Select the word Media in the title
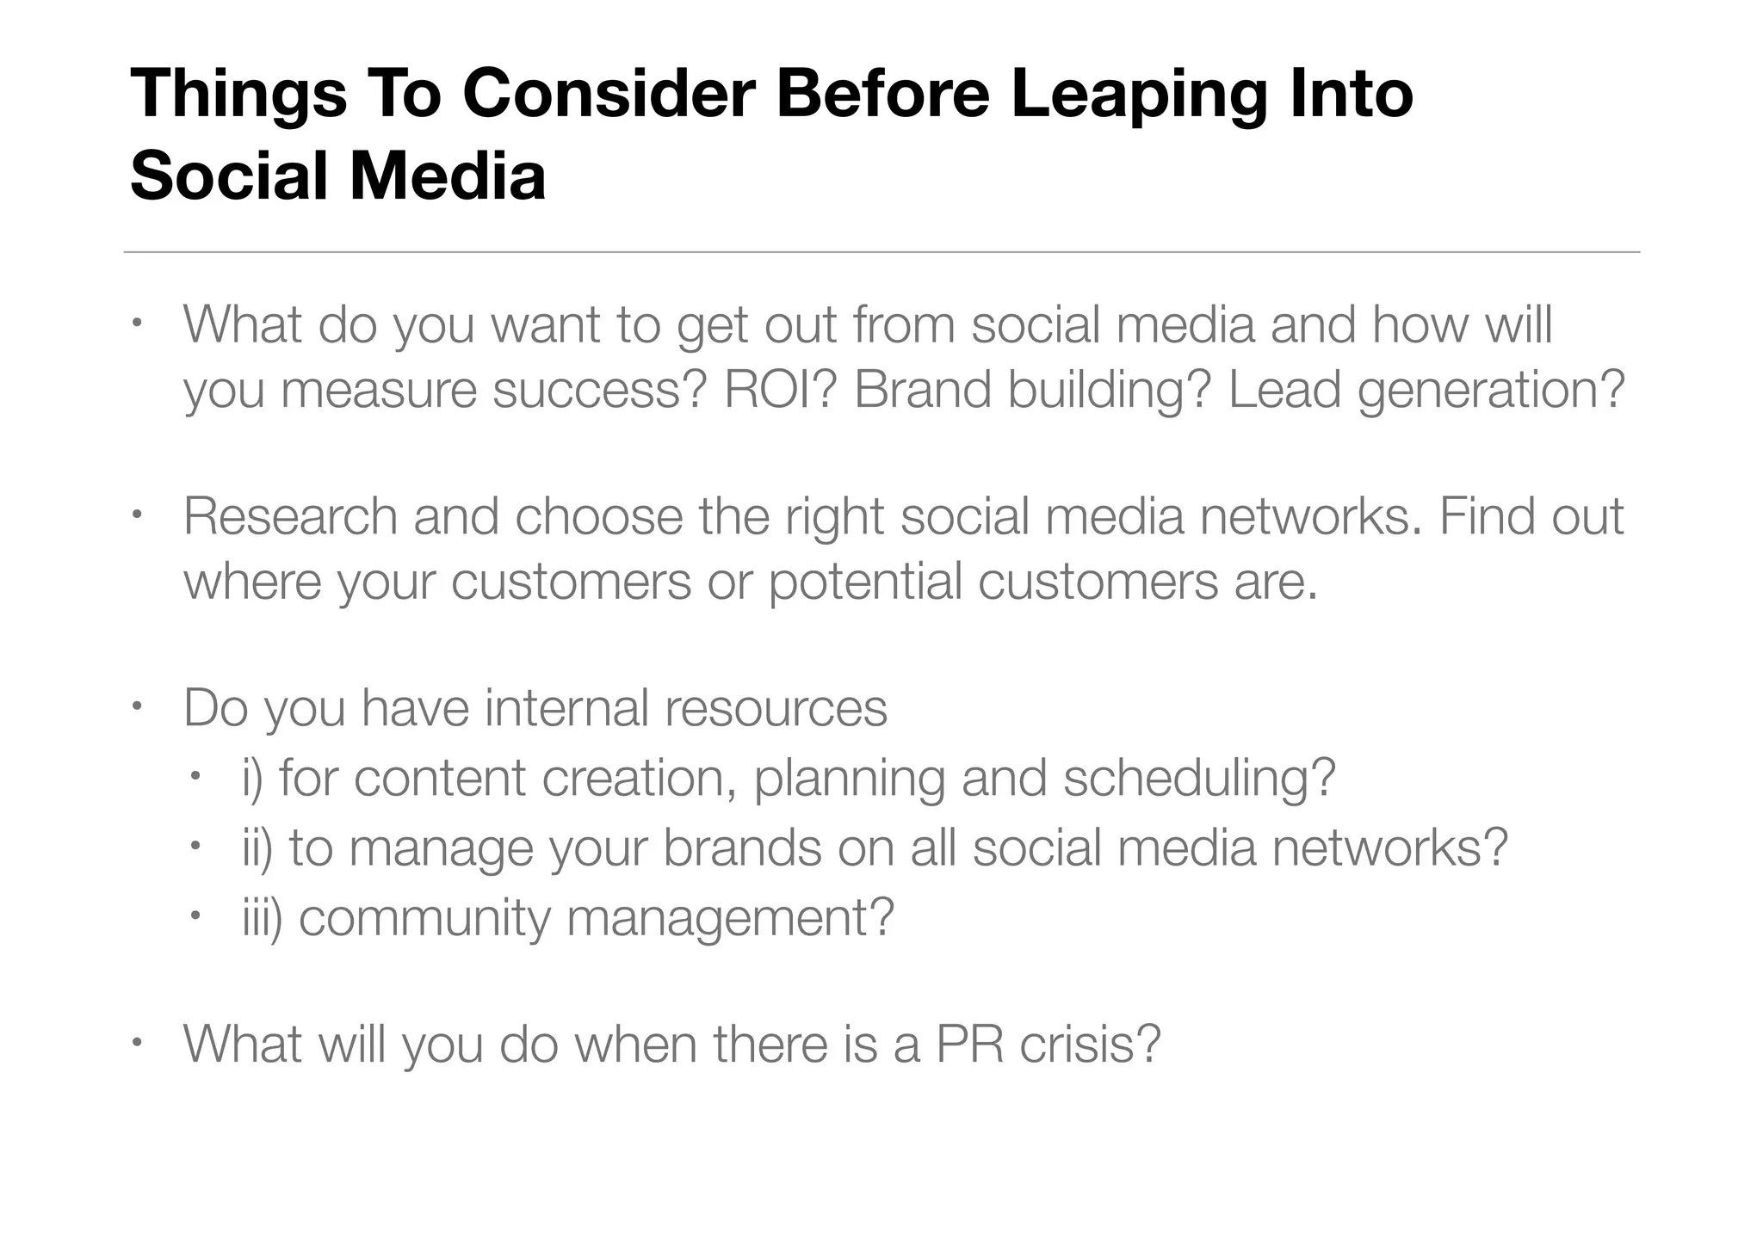[447, 176]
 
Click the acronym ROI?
[780, 389]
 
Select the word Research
[290, 516]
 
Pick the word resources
[776, 710]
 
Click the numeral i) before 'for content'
[253, 779]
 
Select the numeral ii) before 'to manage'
[257, 848]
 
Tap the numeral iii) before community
[263, 918]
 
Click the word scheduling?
[1199, 780]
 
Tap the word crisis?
[1091, 1044]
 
